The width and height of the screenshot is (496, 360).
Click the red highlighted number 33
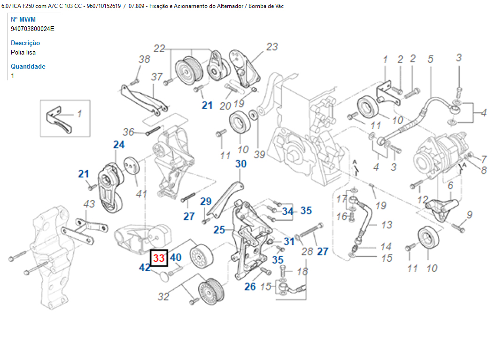[x=159, y=258]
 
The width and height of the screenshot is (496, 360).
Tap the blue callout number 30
[x=240, y=164]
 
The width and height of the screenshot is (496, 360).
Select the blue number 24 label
[x=119, y=144]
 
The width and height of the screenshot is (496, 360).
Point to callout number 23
[x=272, y=47]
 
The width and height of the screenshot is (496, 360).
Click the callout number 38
[x=144, y=59]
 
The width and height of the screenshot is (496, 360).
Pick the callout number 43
[x=89, y=204]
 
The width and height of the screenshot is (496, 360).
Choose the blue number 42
[x=145, y=267]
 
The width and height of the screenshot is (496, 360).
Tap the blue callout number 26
[x=250, y=286]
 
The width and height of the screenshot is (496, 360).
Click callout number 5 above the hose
[x=430, y=59]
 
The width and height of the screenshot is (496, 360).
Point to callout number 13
[x=386, y=225]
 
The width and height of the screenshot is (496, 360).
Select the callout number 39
[x=259, y=154]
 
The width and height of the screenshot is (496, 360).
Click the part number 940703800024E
[x=32, y=29]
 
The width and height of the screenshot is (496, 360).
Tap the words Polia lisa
[x=23, y=52]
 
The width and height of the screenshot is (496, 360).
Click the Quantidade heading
[x=28, y=66]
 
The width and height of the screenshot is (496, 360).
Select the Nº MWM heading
[x=23, y=19]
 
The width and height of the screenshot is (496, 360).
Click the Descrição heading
[x=25, y=43]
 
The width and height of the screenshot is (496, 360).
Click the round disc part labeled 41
[x=131, y=165]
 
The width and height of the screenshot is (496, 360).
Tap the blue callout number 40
[x=176, y=258]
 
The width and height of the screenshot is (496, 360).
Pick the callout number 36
[x=128, y=132]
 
